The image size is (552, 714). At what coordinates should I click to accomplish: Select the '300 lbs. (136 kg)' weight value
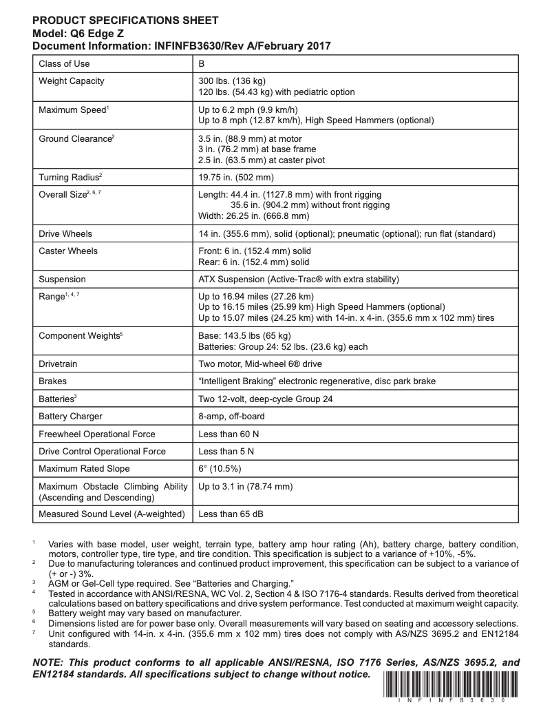[236, 81]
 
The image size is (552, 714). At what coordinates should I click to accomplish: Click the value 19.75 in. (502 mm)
[235, 177]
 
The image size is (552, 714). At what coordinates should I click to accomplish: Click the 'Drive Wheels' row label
[65, 234]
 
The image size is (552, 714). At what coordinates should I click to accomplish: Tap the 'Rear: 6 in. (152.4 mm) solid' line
[253, 262]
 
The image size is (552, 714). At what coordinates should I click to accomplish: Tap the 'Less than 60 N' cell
[226, 434]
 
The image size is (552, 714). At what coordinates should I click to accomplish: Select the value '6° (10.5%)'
[219, 470]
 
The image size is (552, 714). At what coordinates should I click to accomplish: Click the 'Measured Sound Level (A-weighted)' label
[112, 514]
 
